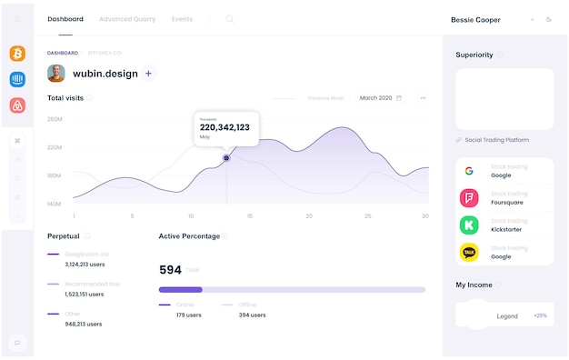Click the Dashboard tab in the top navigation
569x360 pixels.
(65, 19)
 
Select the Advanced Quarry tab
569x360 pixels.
(127, 19)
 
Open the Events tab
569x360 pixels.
(182, 19)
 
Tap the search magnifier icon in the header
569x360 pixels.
(229, 19)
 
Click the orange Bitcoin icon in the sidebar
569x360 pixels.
(17, 54)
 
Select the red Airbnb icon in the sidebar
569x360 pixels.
(17, 105)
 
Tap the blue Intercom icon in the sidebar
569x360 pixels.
(17, 80)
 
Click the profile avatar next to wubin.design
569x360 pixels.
(56, 74)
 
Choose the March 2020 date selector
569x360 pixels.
(381, 98)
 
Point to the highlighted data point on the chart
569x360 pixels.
(226, 158)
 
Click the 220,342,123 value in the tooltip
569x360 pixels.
(225, 128)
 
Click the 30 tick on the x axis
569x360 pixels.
(425, 215)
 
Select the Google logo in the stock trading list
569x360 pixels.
(469, 171)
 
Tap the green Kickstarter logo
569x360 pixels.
(469, 225)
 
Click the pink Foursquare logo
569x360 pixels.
(469, 198)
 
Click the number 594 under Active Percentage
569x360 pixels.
(170, 270)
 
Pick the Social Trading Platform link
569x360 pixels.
(496, 140)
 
